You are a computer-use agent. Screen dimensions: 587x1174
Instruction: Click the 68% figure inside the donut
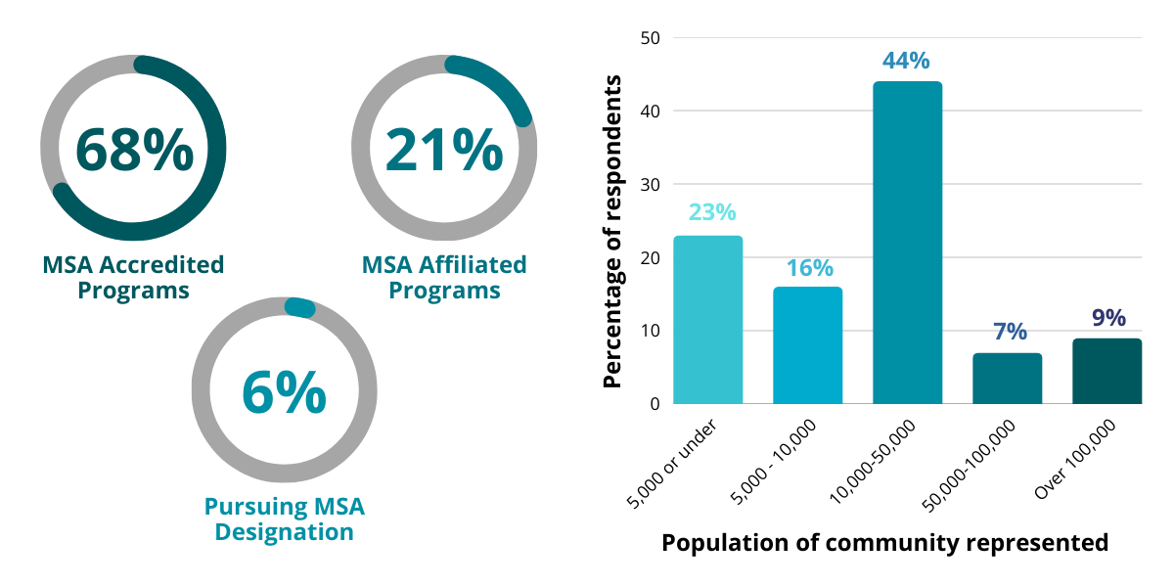tap(134, 149)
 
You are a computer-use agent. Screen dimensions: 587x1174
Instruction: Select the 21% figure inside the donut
tap(444, 149)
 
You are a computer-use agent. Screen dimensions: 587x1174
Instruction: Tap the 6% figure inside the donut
tap(284, 391)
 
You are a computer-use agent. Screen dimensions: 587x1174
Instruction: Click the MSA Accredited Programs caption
tap(133, 278)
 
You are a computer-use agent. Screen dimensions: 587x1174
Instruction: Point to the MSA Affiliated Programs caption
tap(444, 278)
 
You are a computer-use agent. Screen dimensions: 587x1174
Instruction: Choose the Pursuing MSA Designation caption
tap(284, 519)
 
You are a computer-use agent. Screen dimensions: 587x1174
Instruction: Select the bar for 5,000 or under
tap(708, 320)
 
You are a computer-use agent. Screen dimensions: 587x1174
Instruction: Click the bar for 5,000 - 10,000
tap(808, 345)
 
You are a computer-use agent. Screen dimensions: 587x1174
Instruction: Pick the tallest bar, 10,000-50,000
tap(908, 243)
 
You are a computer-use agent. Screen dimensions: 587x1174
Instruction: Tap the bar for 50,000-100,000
tap(1008, 379)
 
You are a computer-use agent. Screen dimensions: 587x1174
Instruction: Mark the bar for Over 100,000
tap(1106, 371)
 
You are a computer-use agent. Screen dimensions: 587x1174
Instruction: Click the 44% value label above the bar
tap(906, 61)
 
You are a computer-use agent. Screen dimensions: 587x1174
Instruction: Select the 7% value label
tap(1008, 331)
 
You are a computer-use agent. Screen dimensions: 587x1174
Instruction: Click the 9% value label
tap(1107, 318)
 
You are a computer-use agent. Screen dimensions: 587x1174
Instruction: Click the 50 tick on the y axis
tap(651, 38)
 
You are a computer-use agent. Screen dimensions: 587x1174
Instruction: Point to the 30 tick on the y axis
tap(651, 184)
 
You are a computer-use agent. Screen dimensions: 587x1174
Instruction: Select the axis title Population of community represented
tap(885, 543)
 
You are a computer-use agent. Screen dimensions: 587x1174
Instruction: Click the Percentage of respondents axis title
tap(613, 230)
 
